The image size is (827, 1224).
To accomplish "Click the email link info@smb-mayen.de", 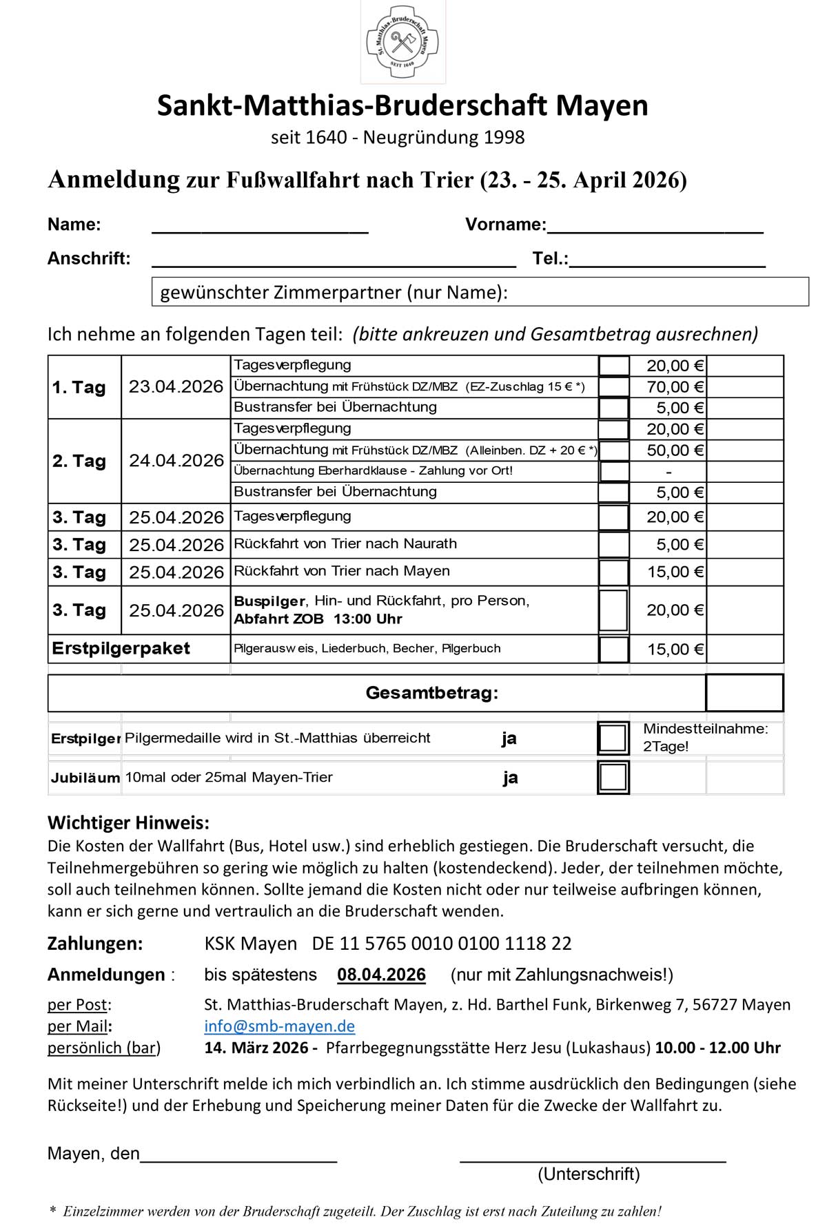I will tap(279, 1026).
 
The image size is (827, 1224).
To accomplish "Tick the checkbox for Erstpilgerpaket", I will tap(613, 649).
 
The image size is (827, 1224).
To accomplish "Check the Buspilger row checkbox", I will tap(613, 610).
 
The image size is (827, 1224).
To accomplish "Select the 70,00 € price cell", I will tap(667, 387).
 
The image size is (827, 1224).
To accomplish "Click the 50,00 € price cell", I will tap(667, 450).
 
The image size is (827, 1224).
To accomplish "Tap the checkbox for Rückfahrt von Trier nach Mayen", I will tap(613, 572).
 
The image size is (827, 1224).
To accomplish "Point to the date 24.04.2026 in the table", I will tap(176, 460).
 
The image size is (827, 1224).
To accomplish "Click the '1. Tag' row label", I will tap(79, 387).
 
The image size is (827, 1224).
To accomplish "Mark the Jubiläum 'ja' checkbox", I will tap(613, 777).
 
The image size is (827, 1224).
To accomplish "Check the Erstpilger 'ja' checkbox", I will tap(613, 738).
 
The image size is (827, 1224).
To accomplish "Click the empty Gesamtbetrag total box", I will tap(744, 692).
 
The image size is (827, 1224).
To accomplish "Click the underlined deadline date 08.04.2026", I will tap(381, 975).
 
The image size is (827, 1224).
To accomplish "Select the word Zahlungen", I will tap(95, 943).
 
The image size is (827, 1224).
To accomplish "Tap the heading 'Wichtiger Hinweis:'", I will tap(128, 822).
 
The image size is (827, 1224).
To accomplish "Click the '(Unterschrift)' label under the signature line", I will tap(589, 1174).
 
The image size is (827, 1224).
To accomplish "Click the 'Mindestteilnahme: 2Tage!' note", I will tap(705, 737).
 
